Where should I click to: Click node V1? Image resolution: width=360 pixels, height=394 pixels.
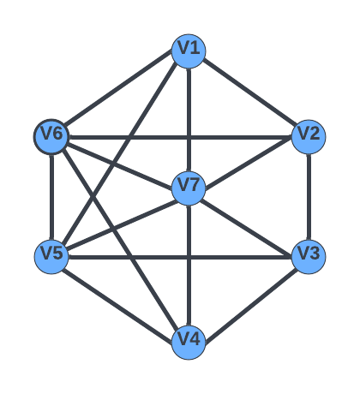pyautogui.click(x=189, y=51)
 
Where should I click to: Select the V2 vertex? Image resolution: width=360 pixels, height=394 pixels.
pyautogui.click(x=309, y=137)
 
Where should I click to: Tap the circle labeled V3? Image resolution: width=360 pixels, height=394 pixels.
pyautogui.click(x=309, y=257)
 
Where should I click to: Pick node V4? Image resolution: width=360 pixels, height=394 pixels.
pyautogui.click(x=189, y=343)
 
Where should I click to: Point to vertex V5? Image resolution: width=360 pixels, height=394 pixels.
pyautogui.click(x=51, y=257)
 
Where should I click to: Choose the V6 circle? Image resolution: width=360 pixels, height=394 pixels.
pyautogui.click(x=51, y=137)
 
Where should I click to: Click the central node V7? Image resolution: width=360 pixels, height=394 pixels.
pyautogui.click(x=189, y=188)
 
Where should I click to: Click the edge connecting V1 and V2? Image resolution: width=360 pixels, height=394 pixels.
pyautogui.click(x=249, y=94)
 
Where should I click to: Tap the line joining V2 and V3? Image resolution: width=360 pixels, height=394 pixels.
pyautogui.click(x=309, y=197)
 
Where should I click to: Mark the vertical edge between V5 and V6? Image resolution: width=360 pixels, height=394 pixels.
pyautogui.click(x=51, y=197)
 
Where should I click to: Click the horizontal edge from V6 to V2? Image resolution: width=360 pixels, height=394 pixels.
pyautogui.click(x=180, y=137)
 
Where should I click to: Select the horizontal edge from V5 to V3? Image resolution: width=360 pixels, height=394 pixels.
pyautogui.click(x=180, y=257)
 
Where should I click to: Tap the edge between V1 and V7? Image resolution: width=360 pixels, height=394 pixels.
pyautogui.click(x=189, y=120)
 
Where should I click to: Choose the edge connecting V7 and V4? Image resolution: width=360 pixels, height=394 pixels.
pyautogui.click(x=189, y=266)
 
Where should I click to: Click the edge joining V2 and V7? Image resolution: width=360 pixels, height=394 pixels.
pyautogui.click(x=249, y=163)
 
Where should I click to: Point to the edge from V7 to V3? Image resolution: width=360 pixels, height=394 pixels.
pyautogui.click(x=246, y=227)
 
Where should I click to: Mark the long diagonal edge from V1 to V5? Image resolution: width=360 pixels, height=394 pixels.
pyautogui.click(x=119, y=153)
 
